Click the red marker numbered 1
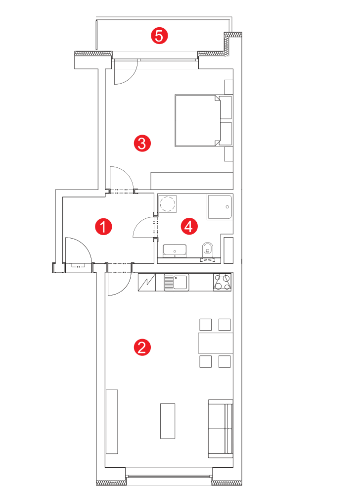click(103, 227)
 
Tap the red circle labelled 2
click(142, 347)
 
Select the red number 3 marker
click(142, 144)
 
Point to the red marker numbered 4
click(189, 227)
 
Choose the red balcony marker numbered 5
click(159, 36)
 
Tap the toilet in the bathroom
click(207, 249)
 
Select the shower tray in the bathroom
click(220, 207)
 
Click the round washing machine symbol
click(168, 203)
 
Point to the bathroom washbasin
click(175, 250)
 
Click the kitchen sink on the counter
click(176, 282)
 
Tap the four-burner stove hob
click(222, 282)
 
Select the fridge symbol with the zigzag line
click(147, 282)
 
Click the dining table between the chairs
click(215, 343)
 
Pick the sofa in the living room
click(221, 428)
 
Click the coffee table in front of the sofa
click(168, 421)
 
